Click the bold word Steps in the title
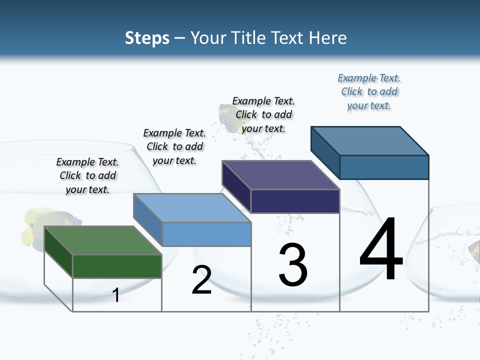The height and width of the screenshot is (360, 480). point(147,38)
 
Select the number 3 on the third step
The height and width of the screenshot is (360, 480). point(293,265)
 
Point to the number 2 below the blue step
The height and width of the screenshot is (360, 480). point(201,280)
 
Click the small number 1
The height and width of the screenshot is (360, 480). point(116,295)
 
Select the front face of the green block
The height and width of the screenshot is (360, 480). point(117,266)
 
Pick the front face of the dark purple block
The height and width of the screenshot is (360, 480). point(295,201)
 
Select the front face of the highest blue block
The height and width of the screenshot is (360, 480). point(384,167)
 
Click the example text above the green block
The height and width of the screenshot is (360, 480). point(87,176)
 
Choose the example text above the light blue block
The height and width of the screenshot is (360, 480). point(174,146)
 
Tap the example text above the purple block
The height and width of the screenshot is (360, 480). point(263,114)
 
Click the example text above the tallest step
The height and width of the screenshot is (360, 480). point(369,91)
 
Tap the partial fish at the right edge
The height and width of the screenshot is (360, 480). point(474,250)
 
